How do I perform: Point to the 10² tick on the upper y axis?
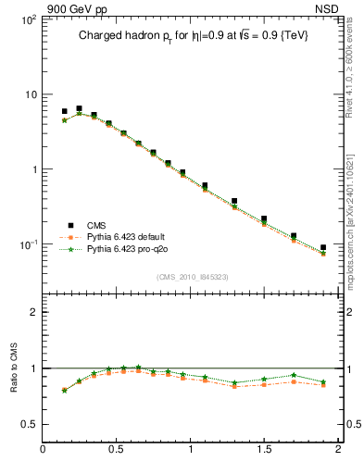pos(29,19)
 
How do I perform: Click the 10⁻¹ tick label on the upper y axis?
pos(29,244)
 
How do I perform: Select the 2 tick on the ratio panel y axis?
pos(32,312)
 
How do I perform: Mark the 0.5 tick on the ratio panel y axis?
pos(29,424)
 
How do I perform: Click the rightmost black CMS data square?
pos(323,248)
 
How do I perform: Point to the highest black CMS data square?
pos(79,108)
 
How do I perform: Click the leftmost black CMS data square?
pos(64,111)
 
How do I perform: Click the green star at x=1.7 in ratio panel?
pos(294,375)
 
